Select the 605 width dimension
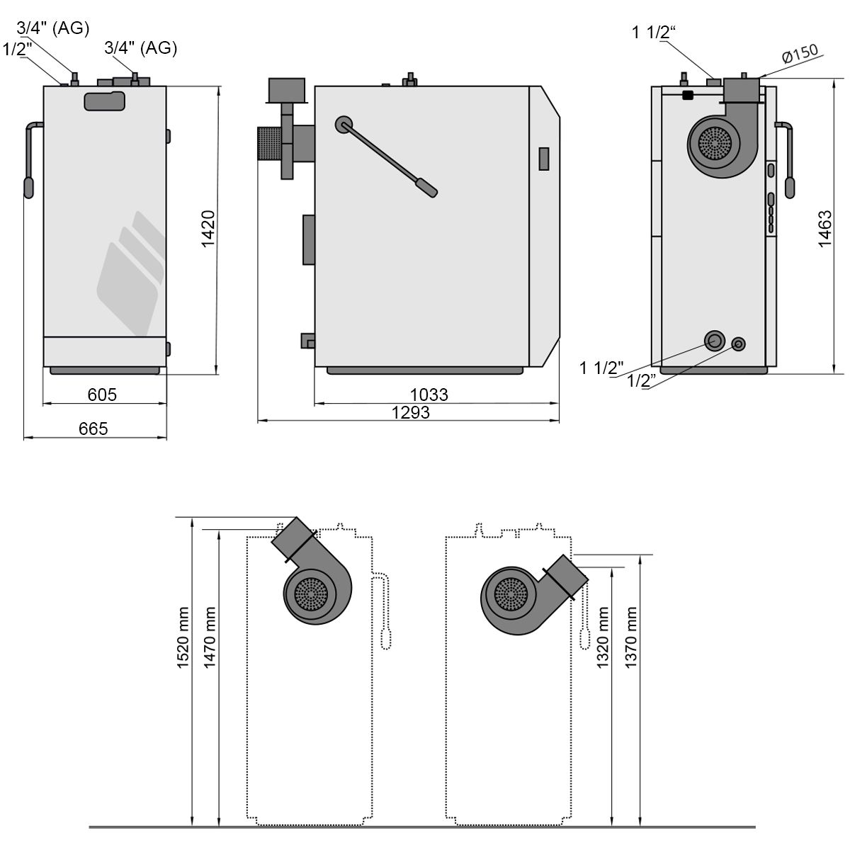pos(102,395)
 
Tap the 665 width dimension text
pos(93,429)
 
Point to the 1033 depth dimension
pos(429,395)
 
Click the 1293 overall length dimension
pos(411,412)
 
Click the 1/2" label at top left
pos(18,49)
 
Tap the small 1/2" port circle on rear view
pos(739,344)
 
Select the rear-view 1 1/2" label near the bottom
pos(601,367)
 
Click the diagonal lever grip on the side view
pos(427,188)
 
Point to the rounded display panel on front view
pos(105,101)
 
